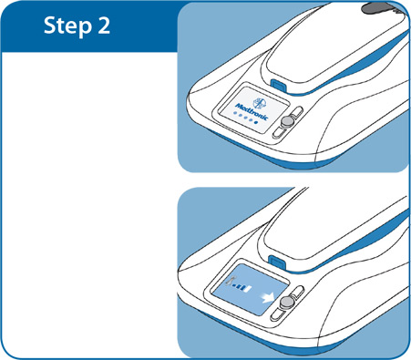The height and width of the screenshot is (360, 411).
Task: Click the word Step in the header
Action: pos(67,26)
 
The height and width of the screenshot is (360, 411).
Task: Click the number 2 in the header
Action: pos(104,26)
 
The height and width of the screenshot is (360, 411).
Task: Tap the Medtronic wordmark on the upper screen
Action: pos(252,111)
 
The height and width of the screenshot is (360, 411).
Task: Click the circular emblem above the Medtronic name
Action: pos(259,103)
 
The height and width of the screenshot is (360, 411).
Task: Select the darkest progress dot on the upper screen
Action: pos(256,122)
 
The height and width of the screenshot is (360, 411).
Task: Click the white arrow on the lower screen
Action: pos(267,297)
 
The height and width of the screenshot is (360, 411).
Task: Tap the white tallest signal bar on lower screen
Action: pos(249,289)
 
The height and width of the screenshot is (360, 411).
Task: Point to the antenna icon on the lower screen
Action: pos(232,281)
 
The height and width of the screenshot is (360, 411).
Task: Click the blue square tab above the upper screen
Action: pos(278,85)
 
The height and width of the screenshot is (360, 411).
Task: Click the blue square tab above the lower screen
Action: pos(277,262)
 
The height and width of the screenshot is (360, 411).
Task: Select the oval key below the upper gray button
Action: pos(280,133)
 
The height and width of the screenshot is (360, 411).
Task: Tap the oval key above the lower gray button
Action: pos(297,292)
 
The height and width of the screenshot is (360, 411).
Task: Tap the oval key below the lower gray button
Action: pos(278,313)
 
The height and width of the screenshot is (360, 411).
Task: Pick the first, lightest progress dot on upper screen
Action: pos(234,113)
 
